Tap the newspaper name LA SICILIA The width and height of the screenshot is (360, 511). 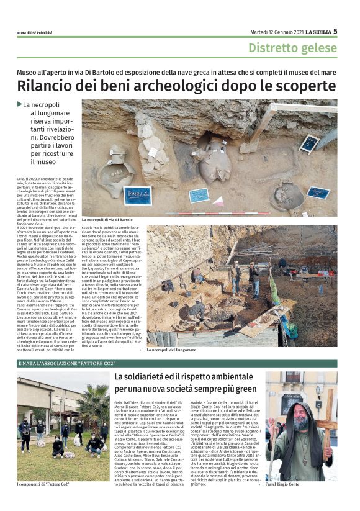click(x=311, y=32)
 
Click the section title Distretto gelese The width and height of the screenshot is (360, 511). click(x=293, y=48)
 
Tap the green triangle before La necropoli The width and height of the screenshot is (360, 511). click(x=20, y=104)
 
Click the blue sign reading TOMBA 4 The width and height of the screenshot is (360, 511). click(x=137, y=196)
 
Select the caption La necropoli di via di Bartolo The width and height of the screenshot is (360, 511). click(x=107, y=220)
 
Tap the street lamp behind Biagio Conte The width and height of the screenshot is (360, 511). click(x=318, y=385)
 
